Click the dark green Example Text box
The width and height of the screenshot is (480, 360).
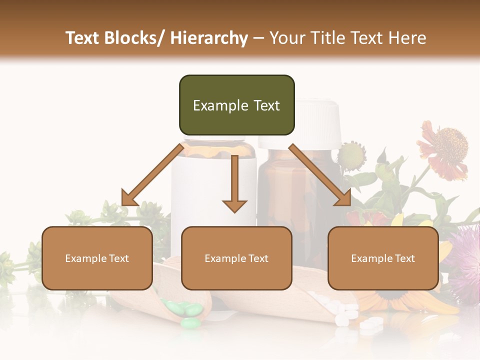click(x=236, y=105)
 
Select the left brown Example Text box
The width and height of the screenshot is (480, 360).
click(x=97, y=258)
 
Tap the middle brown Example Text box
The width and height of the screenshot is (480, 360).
click(x=236, y=258)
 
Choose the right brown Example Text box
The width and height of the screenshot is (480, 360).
click(x=383, y=258)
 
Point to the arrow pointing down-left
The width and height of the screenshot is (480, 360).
click(x=153, y=175)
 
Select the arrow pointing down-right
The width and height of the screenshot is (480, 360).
click(x=320, y=175)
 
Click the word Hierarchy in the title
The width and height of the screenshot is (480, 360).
click(x=209, y=38)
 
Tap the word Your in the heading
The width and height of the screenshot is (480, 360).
click(x=286, y=38)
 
